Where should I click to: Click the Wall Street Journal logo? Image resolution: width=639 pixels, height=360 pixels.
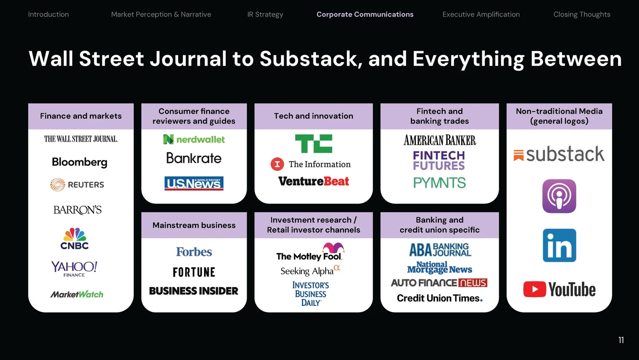tap(81, 139)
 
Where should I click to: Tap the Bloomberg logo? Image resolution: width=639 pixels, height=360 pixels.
tap(80, 162)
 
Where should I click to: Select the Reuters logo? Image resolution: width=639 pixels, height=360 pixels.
tap(77, 185)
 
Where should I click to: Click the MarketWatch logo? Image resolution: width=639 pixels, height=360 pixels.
tap(77, 294)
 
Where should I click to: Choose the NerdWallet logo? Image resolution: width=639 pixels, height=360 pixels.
tap(194, 139)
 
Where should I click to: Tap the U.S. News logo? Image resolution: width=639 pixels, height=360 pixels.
tap(194, 183)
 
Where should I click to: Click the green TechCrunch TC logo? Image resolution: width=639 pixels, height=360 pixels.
tap(314, 144)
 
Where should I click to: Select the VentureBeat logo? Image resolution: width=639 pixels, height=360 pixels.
tap(314, 181)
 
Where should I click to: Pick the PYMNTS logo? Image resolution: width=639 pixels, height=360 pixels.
tap(439, 183)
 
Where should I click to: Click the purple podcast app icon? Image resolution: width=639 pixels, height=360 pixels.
tap(559, 196)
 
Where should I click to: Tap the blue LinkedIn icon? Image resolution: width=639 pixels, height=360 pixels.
tap(559, 245)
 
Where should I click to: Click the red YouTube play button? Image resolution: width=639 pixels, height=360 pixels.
tap(535, 290)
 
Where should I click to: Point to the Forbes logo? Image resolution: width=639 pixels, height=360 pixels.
tap(194, 252)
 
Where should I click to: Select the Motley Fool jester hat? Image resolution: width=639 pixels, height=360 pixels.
tap(333, 248)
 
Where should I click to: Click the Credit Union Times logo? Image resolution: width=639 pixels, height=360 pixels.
tap(439, 298)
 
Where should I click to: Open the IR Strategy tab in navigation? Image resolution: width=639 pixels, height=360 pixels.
tap(265, 14)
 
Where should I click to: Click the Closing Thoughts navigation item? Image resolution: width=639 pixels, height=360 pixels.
tap(581, 14)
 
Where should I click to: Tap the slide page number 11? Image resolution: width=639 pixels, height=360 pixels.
tap(621, 340)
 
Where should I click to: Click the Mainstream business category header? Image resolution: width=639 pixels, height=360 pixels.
tap(194, 225)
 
